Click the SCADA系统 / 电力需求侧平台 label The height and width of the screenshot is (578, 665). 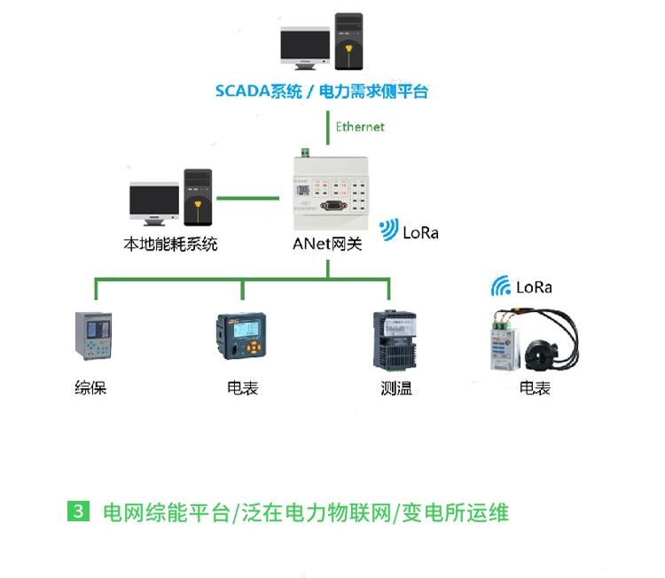pos(322,91)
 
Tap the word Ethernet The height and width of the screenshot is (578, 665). pos(360,127)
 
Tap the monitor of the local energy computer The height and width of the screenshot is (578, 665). pos(153,203)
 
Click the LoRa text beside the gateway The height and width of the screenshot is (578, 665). pos(420,233)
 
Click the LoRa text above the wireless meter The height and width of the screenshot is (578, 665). pos(534,287)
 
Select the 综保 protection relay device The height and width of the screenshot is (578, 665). pos(93,336)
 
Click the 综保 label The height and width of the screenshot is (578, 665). pos(90,387)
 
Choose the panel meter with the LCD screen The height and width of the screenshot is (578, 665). pos(241,338)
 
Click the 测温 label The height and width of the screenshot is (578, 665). pos(396,387)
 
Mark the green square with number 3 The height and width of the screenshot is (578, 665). pos(80,512)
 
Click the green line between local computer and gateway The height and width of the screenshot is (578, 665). pos(243,199)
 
